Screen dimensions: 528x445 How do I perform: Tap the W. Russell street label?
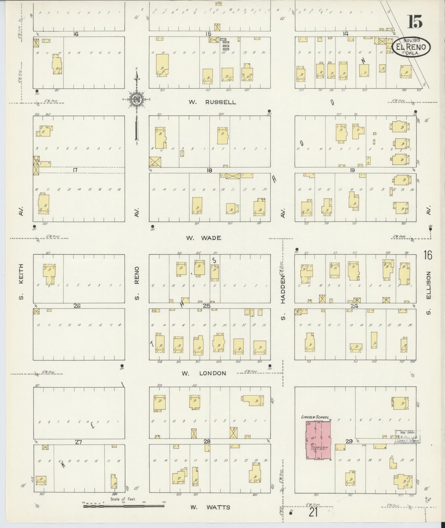pyautogui.click(x=212, y=102)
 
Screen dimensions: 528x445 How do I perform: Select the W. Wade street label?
pyautogui.click(x=203, y=238)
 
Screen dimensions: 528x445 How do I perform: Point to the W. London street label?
pyautogui.click(x=204, y=373)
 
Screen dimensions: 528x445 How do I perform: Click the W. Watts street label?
pyautogui.click(x=210, y=507)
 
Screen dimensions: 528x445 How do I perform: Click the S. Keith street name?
pyautogui.click(x=21, y=282)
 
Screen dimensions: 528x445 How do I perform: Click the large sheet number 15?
pyautogui.click(x=415, y=22)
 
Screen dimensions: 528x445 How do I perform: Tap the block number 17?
pyautogui.click(x=75, y=170)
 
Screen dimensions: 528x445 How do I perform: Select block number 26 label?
pyautogui.click(x=77, y=306)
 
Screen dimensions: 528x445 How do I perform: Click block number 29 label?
pyautogui.click(x=349, y=441)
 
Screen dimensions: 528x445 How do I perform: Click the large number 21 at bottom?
pyautogui.click(x=313, y=513)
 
